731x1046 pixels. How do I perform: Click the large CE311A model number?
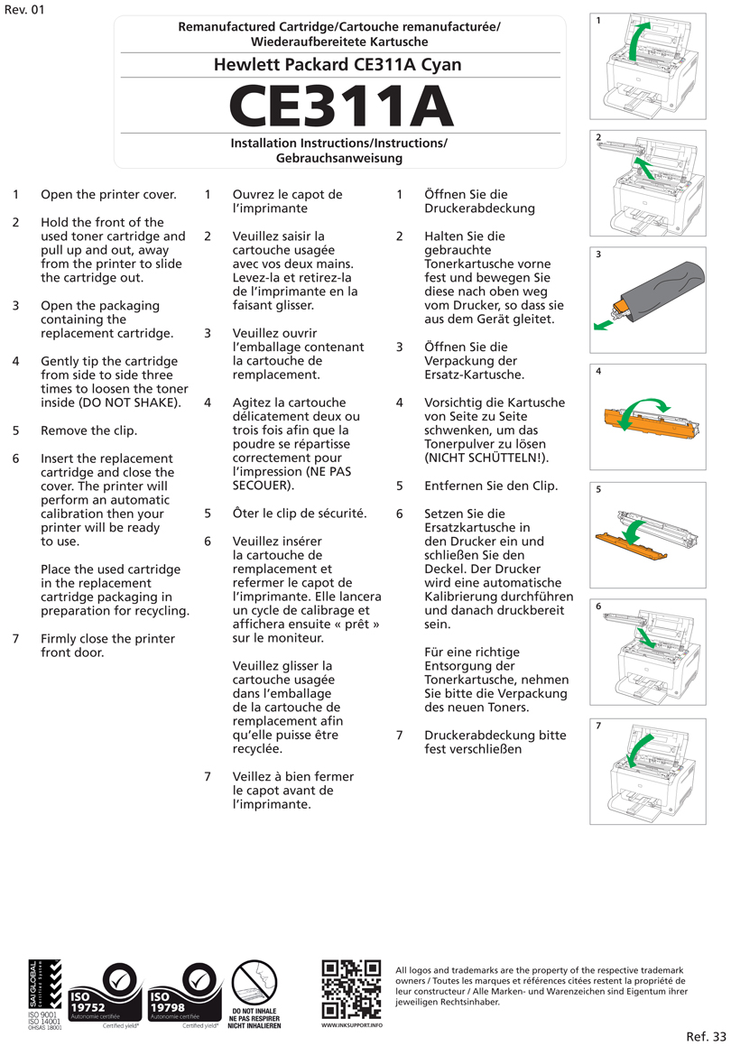(x=339, y=106)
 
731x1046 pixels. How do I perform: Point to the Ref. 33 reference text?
(x=706, y=1035)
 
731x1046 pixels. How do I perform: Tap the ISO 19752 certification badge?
(x=106, y=995)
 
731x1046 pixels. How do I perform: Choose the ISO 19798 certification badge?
(x=185, y=995)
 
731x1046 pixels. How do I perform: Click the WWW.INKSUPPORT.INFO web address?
(x=352, y=1026)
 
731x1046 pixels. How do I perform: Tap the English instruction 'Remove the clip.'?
(x=88, y=430)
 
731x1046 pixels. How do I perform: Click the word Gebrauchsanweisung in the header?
(x=339, y=158)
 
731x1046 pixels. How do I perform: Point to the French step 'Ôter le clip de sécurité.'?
(x=300, y=514)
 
